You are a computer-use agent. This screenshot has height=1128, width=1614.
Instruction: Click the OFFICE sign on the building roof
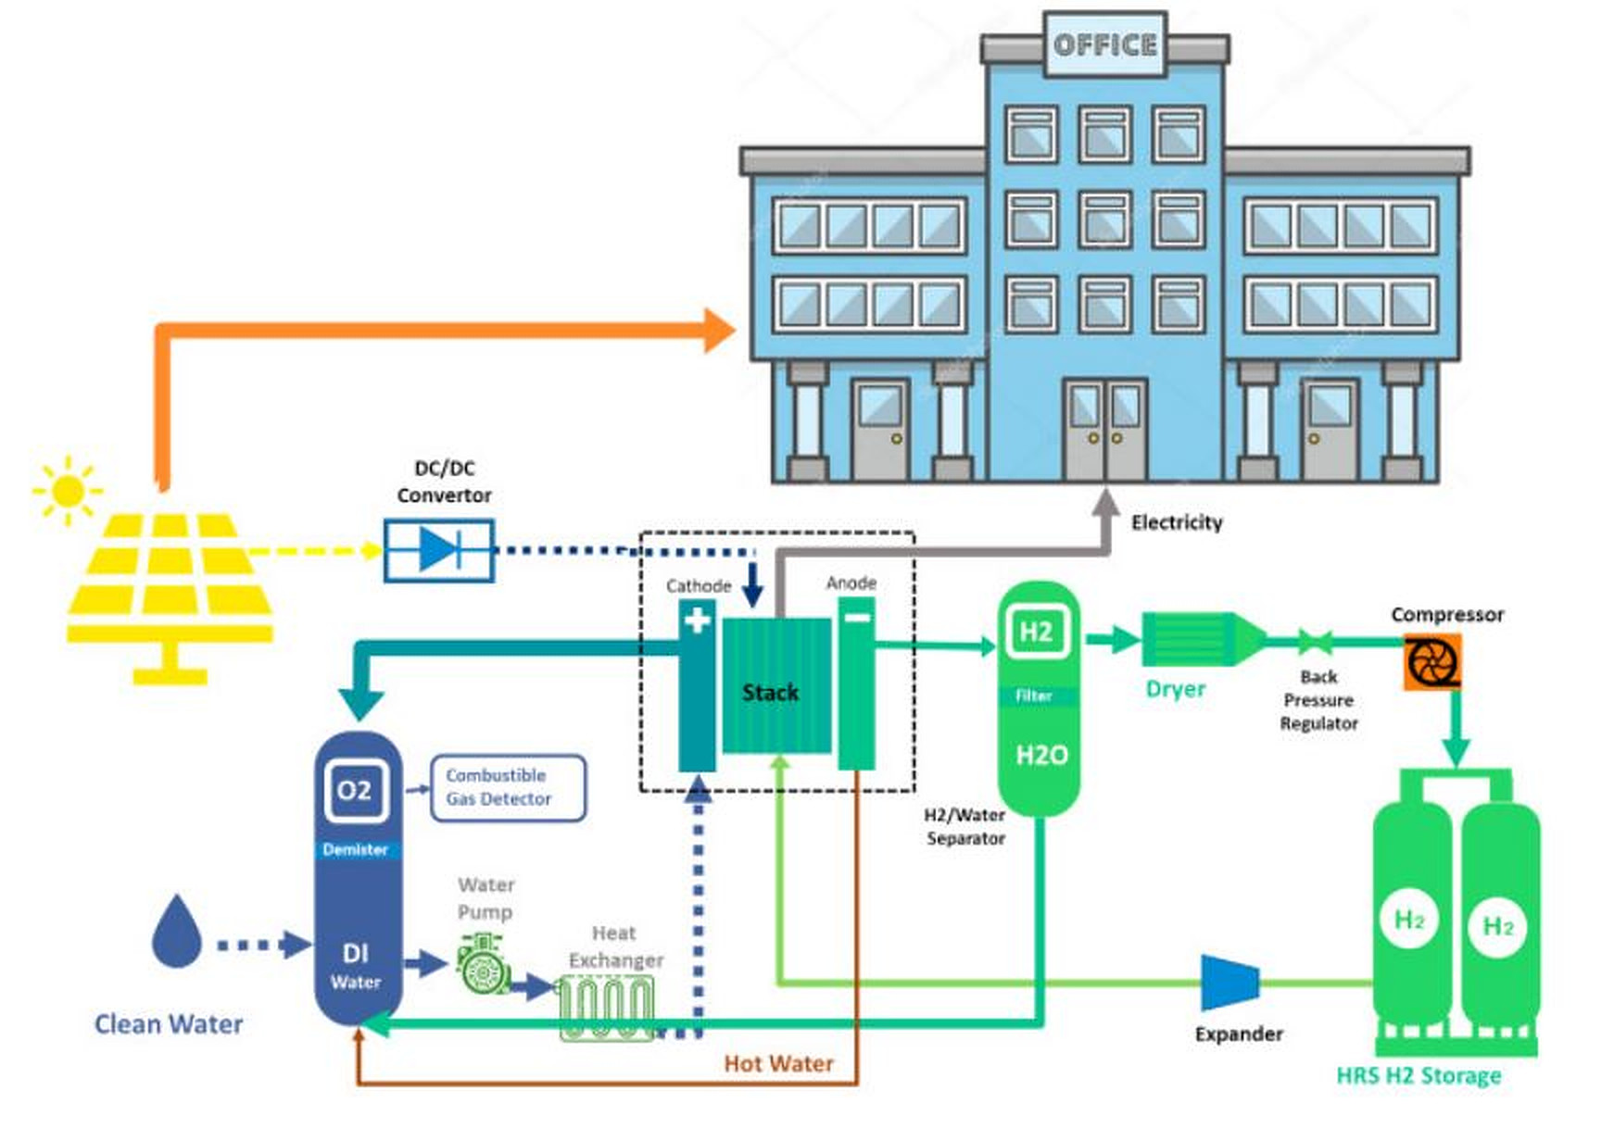click(x=1104, y=44)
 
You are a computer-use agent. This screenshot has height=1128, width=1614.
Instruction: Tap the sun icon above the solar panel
click(x=68, y=490)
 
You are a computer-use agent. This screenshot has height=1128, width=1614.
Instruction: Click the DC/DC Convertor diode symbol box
click(x=439, y=550)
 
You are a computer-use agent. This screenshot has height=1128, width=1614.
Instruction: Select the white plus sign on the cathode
click(x=697, y=619)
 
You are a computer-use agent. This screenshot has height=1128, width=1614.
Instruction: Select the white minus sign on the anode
click(x=857, y=615)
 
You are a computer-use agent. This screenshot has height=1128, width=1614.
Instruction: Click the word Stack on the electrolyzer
click(x=770, y=692)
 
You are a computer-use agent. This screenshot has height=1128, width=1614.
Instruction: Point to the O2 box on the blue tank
click(x=354, y=790)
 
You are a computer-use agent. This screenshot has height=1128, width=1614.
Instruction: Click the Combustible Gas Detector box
click(x=508, y=787)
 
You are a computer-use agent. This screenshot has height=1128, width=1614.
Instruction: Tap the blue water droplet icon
click(x=176, y=932)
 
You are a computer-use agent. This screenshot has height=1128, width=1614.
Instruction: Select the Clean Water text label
click(x=169, y=1023)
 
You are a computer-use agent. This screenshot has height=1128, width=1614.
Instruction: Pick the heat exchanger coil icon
click(x=607, y=1008)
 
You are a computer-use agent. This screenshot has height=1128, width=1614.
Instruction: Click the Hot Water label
click(x=778, y=1063)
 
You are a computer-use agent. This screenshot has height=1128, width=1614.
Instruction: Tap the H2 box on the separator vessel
click(x=1037, y=632)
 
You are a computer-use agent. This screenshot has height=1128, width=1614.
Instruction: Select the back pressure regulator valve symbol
click(x=1316, y=641)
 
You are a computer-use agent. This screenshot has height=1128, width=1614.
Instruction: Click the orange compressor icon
click(x=1431, y=661)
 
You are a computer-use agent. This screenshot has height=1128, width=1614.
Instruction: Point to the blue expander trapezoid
click(x=1229, y=983)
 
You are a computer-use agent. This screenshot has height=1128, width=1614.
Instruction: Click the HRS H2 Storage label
click(x=1418, y=1075)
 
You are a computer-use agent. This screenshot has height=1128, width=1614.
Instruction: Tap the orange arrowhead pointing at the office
click(x=718, y=331)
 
